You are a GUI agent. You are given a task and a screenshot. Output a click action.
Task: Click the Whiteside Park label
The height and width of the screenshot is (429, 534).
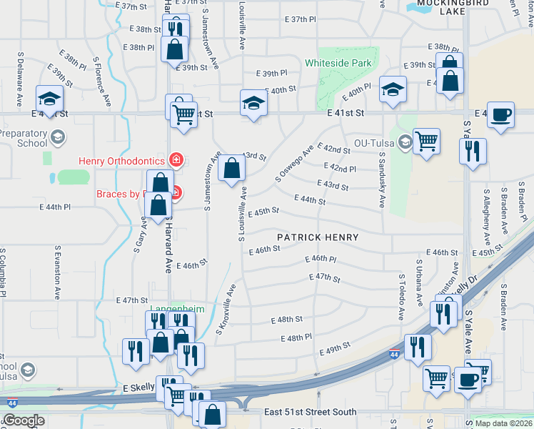338,63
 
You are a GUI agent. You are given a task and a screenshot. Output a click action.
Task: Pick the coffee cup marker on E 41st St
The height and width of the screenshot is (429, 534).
501,114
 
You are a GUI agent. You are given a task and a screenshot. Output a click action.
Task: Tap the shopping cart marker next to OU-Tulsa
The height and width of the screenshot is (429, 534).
427,141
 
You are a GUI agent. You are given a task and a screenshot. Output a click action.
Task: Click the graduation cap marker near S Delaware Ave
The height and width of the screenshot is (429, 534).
49,98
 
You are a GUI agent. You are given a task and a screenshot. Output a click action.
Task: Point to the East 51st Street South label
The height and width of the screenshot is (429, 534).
309,412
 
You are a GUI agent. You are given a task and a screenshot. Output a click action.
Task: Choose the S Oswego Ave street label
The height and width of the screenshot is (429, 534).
294,164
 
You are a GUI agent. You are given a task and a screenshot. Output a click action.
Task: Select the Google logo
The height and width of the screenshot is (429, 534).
24,420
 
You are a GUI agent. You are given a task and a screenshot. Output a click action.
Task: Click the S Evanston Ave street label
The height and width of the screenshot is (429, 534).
56,273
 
